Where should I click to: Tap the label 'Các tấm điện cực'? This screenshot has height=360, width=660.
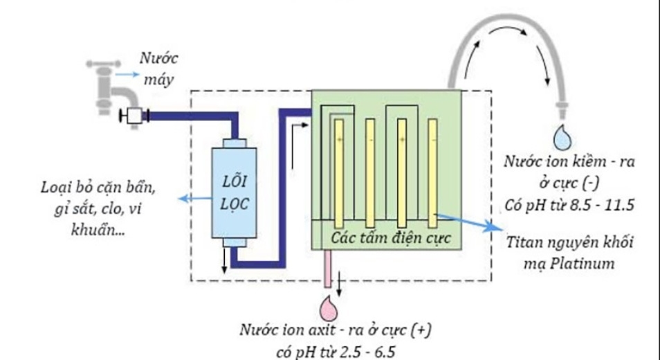[391, 237]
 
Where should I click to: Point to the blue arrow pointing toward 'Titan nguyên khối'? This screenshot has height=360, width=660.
[470, 222]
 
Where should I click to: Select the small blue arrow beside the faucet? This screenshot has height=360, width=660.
[126, 73]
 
